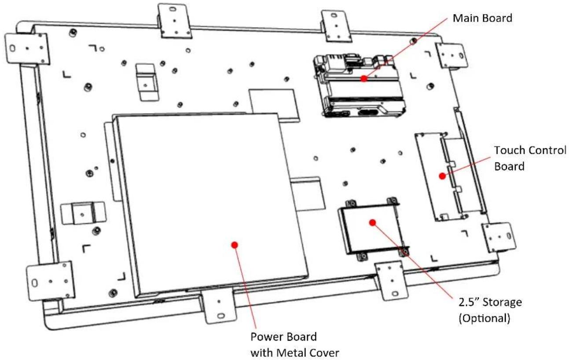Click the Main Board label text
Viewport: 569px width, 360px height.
(x=482, y=18)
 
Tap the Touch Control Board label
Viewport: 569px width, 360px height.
(x=530, y=158)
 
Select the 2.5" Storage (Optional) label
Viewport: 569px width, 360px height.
(x=490, y=310)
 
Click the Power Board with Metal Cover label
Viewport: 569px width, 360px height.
(x=295, y=345)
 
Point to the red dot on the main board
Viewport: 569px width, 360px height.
(x=364, y=78)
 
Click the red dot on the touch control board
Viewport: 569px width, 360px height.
(x=442, y=176)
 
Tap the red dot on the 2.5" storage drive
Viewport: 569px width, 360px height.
(x=372, y=223)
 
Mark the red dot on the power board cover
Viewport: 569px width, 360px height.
(x=235, y=245)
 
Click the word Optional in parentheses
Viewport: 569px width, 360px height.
(x=485, y=318)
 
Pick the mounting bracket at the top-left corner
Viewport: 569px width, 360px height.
(x=27, y=48)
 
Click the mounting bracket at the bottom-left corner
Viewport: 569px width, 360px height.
(x=51, y=281)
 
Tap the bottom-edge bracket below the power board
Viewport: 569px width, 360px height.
(x=219, y=305)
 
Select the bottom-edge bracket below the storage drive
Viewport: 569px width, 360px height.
(x=391, y=281)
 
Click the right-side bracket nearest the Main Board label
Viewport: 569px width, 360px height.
(x=452, y=55)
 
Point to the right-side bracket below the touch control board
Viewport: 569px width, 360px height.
(x=499, y=237)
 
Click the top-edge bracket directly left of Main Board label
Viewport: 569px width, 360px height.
(x=336, y=26)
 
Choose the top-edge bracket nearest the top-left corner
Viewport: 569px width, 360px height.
(x=175, y=21)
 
